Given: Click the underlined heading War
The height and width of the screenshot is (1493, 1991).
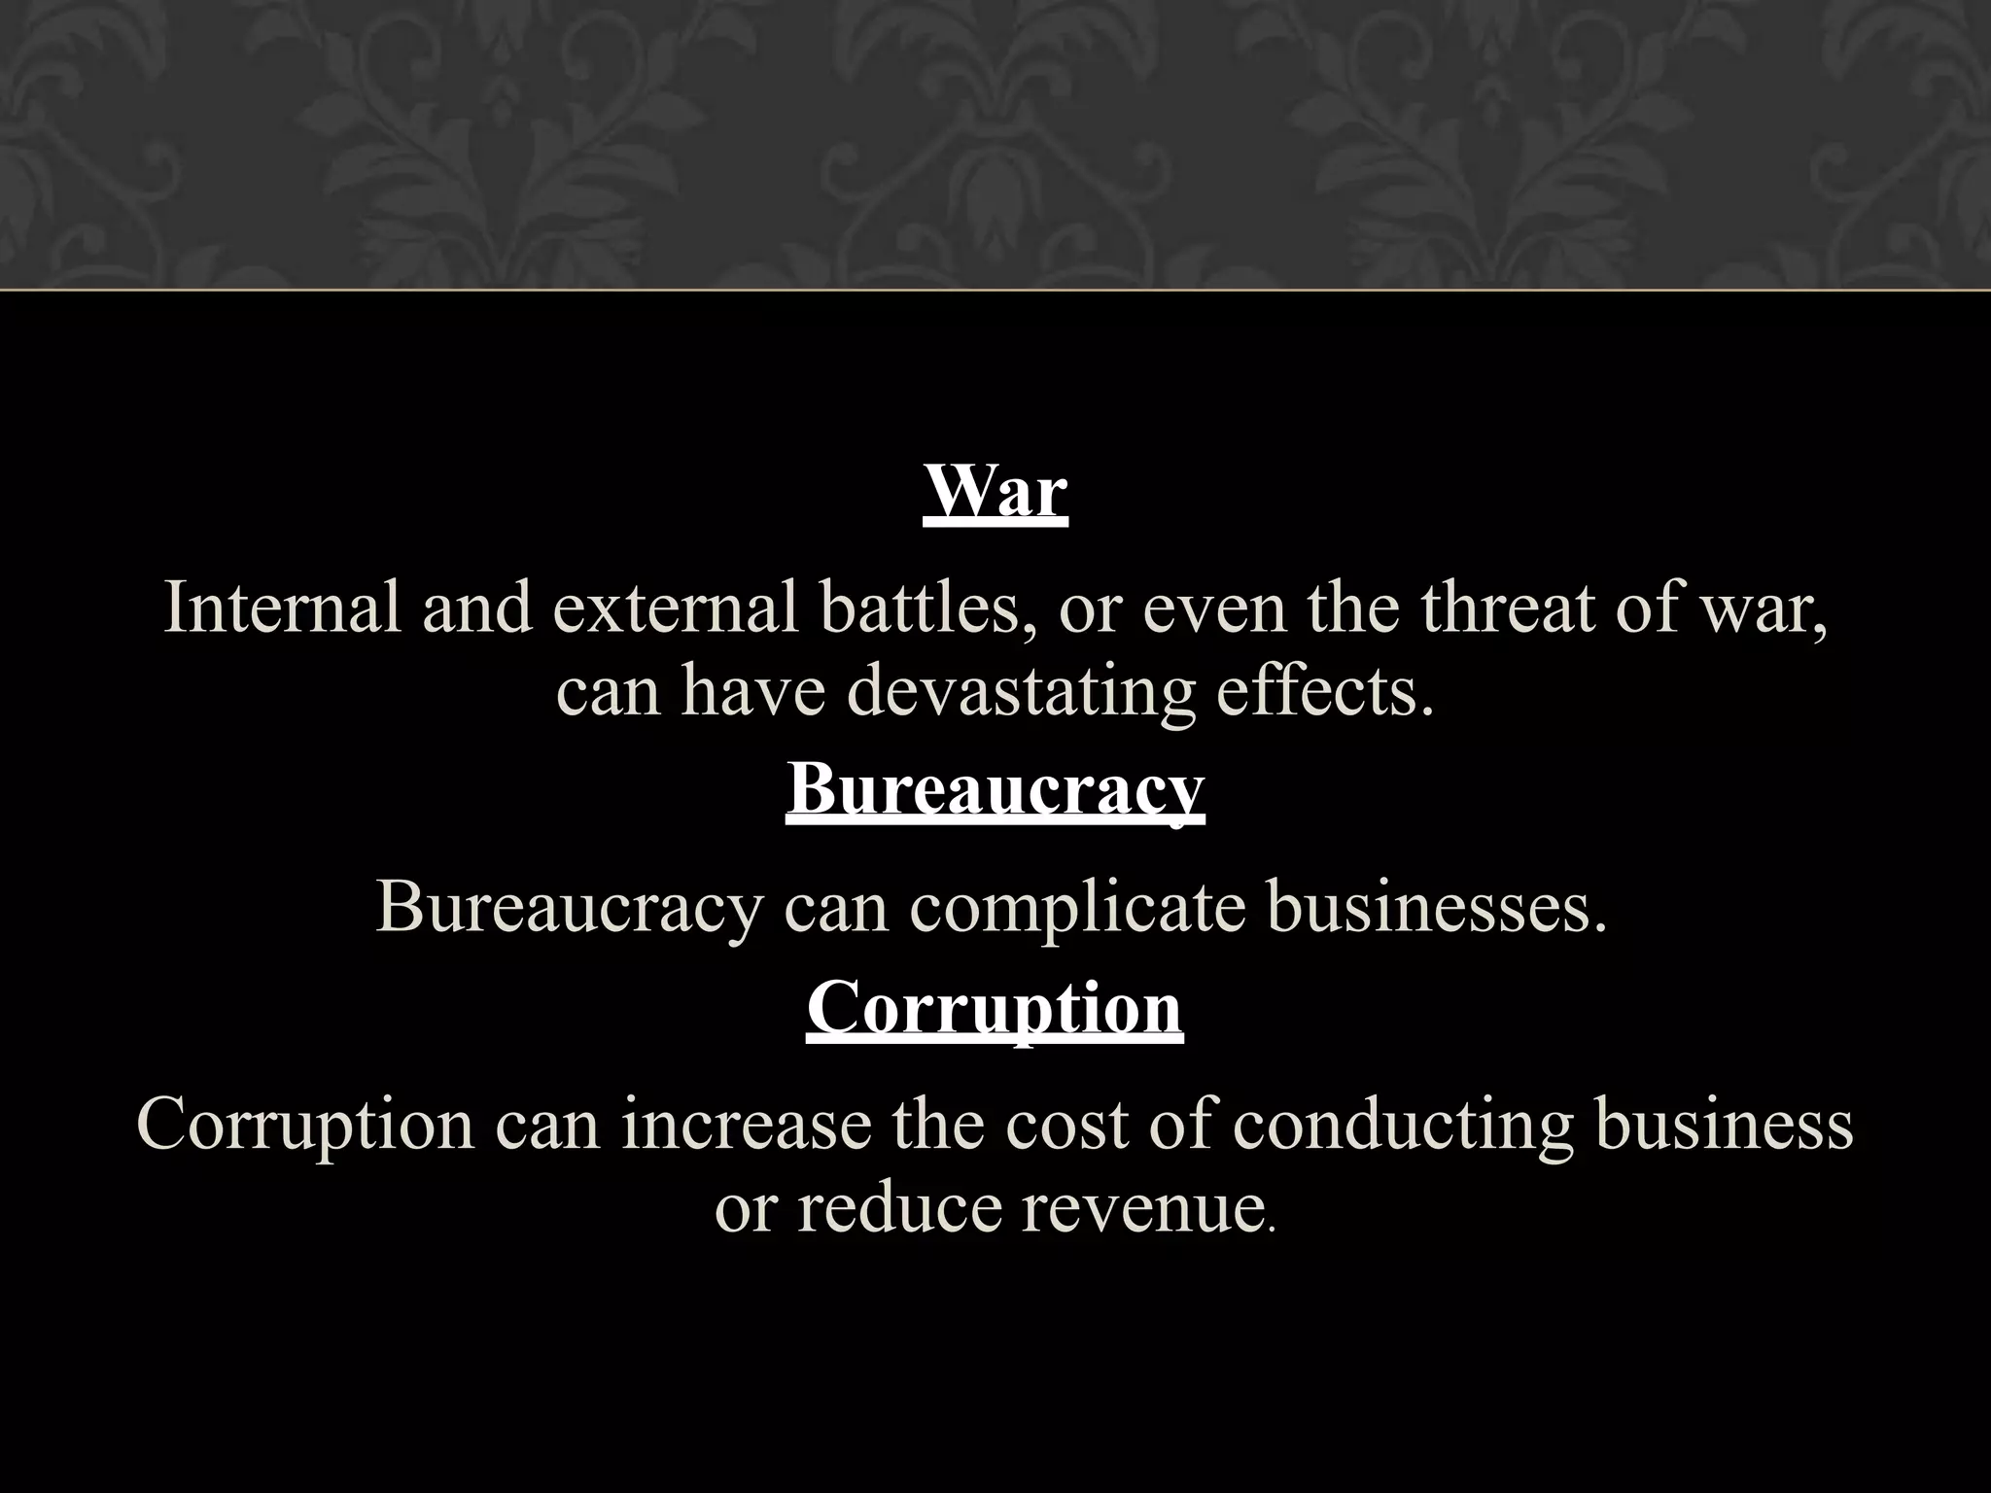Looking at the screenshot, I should coord(995,492).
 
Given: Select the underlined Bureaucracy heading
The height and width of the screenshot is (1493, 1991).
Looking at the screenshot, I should coord(995,789).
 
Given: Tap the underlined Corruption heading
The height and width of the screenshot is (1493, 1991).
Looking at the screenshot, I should coord(995,1008).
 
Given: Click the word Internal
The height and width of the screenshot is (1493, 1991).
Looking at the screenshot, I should coord(282,608).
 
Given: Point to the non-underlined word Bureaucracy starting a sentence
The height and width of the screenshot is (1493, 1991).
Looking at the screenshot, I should coord(569,907).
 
